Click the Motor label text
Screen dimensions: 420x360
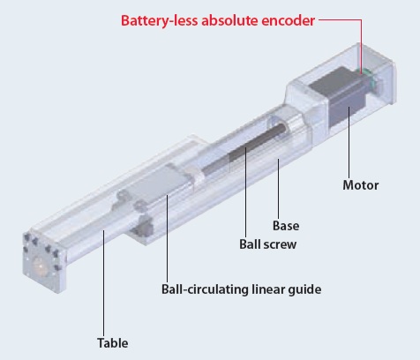[361, 185]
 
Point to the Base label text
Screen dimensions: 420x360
[286, 226]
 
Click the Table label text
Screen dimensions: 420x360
[112, 343]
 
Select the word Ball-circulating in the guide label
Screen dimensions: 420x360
[205, 289]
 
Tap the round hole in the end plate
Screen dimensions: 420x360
[40, 266]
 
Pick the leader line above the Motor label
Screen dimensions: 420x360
[349, 142]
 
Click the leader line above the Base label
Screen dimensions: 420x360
[278, 189]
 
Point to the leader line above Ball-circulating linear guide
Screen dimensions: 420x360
[167, 238]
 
